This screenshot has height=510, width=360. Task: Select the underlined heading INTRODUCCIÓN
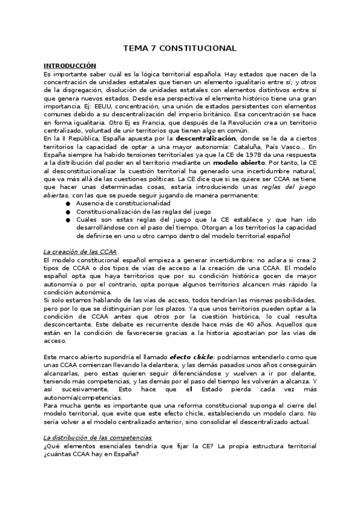pos(70,65)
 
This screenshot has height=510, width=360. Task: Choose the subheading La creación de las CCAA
pos(80,251)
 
